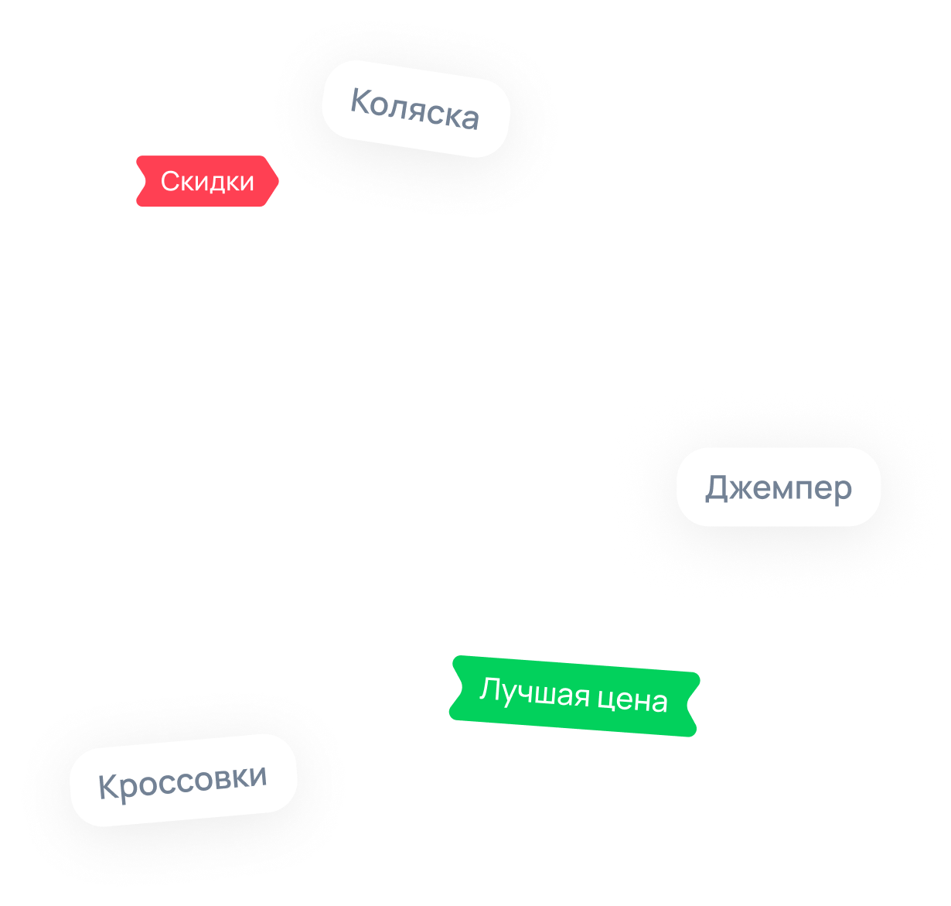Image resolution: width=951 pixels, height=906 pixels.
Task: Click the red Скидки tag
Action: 207,181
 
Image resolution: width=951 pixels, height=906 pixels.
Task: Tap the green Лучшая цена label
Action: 574,696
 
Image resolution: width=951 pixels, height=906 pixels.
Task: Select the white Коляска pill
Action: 416,109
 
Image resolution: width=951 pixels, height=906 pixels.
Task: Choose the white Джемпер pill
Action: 778,487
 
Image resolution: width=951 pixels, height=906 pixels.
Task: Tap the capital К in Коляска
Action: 361,101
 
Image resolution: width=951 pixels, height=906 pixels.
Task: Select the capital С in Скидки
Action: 170,181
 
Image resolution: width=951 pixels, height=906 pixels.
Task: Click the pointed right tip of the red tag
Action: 278,181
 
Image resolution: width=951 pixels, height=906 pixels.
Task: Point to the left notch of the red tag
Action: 145,181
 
